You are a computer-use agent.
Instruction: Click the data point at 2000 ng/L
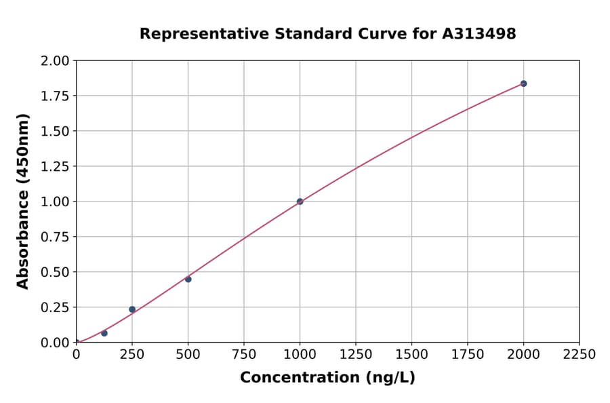click(x=523, y=83)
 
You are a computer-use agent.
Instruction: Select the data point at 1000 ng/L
click(x=300, y=201)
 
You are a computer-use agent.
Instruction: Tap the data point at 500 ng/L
click(x=188, y=279)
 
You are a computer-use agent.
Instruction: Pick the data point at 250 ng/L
click(x=132, y=309)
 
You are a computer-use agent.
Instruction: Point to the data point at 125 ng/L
click(x=104, y=333)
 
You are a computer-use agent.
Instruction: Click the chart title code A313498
click(x=479, y=34)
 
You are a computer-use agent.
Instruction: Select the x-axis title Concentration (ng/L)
click(x=327, y=378)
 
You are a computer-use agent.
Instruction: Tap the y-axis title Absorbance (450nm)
click(x=23, y=201)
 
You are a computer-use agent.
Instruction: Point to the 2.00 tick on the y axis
click(x=55, y=61)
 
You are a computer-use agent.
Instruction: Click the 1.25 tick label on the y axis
click(x=55, y=166)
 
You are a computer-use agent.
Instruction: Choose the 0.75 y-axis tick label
click(x=55, y=237)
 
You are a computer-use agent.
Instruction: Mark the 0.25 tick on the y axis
click(x=55, y=307)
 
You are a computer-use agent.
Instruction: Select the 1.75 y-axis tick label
click(x=55, y=96)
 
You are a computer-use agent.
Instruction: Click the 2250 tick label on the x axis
click(x=579, y=355)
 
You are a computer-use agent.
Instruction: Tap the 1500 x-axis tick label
click(x=411, y=355)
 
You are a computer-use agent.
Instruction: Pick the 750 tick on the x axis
click(x=244, y=355)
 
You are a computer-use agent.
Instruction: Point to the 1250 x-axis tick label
click(x=356, y=355)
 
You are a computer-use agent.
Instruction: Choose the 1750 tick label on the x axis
click(x=468, y=355)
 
